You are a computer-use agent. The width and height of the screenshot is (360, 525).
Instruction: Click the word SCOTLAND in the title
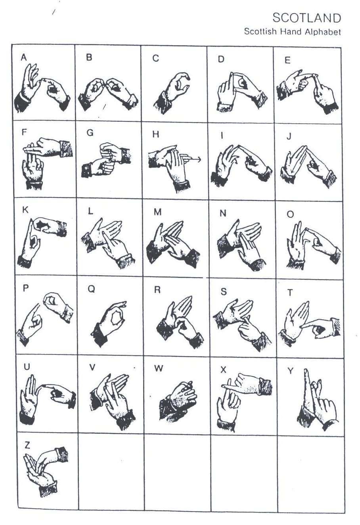coord(307,18)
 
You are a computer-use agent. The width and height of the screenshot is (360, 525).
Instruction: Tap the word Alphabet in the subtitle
coord(322,32)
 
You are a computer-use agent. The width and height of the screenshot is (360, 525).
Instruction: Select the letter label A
coord(24,57)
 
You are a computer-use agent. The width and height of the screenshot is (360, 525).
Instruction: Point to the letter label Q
coord(91,289)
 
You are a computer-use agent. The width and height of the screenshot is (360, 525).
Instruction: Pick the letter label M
coord(157,212)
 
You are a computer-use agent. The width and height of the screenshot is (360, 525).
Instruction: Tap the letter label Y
coord(290,370)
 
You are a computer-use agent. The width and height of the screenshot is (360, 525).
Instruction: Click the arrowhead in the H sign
coord(199,160)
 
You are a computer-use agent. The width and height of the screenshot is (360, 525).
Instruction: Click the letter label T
coord(290,293)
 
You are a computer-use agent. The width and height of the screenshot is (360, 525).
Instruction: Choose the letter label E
coord(287,60)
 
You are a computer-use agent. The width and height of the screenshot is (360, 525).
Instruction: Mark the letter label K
coord(25,210)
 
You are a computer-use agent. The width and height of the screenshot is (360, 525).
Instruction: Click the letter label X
coord(223,370)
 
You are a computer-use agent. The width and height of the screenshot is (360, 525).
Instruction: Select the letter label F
coord(24,132)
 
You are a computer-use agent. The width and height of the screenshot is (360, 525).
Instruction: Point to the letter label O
coord(290,214)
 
